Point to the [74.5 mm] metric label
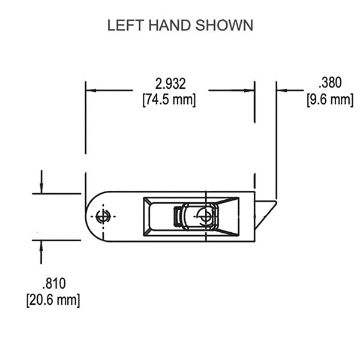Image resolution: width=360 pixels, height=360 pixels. (x=169, y=100)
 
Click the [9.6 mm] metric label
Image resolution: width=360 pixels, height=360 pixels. (x=329, y=99)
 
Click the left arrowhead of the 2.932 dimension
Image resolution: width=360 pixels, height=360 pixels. (x=91, y=91)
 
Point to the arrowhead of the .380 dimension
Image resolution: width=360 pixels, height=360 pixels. (x=281, y=91)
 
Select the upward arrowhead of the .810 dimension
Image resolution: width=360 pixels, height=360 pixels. (x=41, y=245)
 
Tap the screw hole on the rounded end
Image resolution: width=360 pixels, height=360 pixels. (x=103, y=217)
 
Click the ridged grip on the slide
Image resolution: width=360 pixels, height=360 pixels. (x=178, y=217)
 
